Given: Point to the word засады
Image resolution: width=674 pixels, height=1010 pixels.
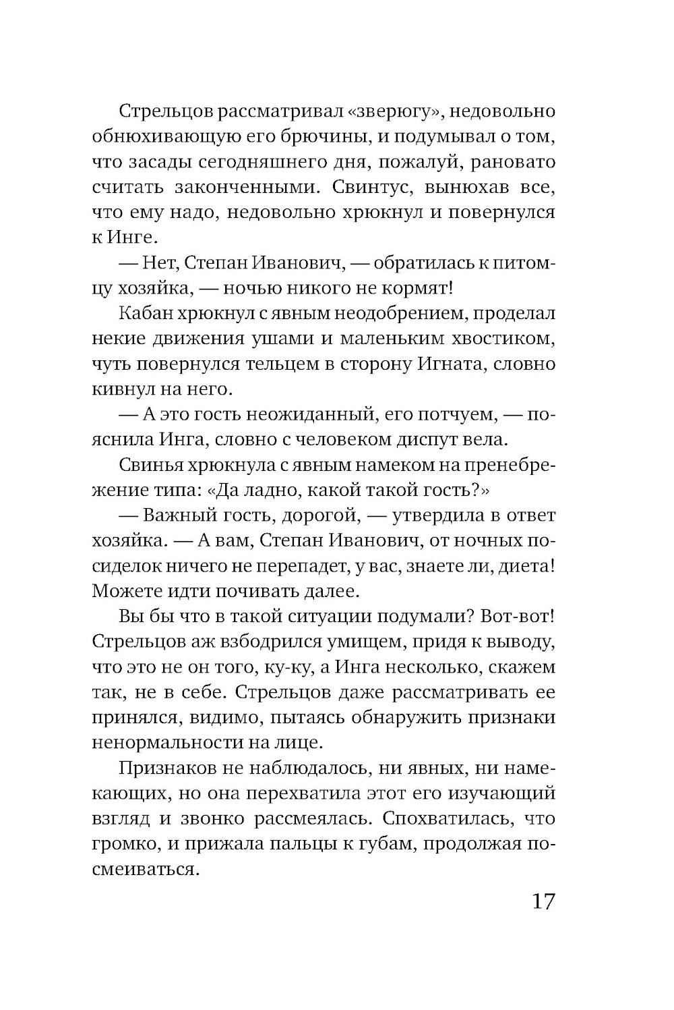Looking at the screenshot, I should (160, 163).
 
